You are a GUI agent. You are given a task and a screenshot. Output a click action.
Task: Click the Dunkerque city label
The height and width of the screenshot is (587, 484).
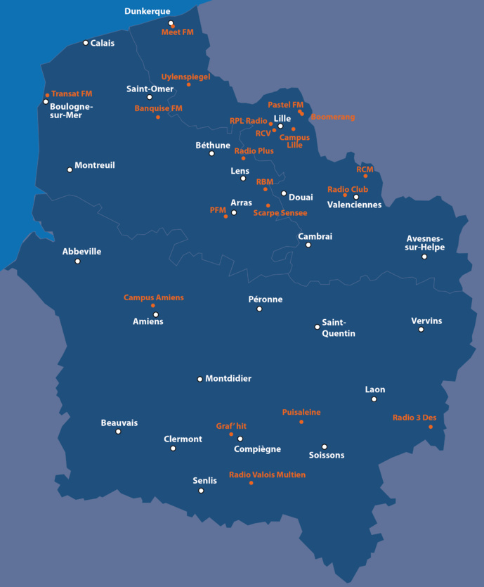coord(147,11)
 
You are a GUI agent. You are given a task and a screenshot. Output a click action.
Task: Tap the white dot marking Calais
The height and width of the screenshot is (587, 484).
coord(86,43)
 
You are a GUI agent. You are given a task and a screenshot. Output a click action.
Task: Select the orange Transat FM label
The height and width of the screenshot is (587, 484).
coord(72,93)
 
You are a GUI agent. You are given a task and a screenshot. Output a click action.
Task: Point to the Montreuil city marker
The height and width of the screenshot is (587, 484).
coord(70,169)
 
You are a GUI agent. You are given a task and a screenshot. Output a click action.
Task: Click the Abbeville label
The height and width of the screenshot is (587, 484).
coord(81,251)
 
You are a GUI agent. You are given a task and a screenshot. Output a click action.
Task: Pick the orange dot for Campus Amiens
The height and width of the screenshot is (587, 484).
coord(152,306)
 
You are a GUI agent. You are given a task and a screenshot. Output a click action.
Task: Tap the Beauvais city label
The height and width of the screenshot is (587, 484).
coord(119,422)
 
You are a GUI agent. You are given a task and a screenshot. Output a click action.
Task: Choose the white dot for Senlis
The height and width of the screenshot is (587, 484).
coord(201,491)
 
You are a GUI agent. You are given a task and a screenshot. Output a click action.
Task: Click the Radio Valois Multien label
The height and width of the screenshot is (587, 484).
coord(267,475)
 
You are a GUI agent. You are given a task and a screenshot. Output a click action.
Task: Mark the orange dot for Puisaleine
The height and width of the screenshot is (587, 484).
coord(301,422)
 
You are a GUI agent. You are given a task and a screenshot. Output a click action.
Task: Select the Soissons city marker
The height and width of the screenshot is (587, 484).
coord(325,446)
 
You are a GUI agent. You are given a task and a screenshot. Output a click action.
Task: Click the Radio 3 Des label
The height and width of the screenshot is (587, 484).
coord(414,418)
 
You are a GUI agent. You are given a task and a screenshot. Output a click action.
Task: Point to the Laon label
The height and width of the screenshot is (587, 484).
coord(375,389)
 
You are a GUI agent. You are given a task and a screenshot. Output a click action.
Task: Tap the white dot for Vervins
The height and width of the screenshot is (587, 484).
coord(421,329)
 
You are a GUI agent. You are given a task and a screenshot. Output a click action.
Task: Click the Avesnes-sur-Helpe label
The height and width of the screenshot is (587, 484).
coord(425,243)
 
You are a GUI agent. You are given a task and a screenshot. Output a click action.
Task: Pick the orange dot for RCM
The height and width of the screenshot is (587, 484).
coord(365,176)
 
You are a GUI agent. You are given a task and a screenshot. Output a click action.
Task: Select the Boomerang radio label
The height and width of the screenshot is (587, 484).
coord(333,117)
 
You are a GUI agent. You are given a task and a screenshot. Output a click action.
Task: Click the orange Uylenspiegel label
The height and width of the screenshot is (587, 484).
coord(185,77)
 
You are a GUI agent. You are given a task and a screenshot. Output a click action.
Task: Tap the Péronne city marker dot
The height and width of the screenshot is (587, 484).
coord(259,309)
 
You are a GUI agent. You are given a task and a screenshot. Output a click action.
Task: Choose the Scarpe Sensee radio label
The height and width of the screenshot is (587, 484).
coord(280,212)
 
